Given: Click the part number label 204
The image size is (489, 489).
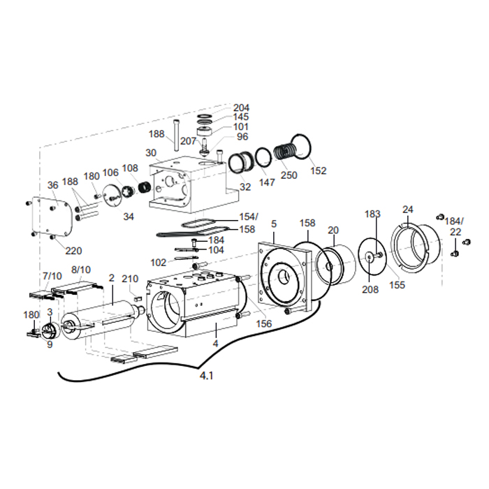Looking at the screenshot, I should [x=241, y=108].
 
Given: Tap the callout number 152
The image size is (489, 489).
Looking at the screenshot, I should [x=318, y=170].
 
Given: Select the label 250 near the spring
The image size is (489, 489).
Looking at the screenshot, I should [x=289, y=175].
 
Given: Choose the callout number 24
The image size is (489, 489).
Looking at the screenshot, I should [x=408, y=209].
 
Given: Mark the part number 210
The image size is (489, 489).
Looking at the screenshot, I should [x=131, y=279].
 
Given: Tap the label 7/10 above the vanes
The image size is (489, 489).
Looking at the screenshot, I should [x=52, y=276].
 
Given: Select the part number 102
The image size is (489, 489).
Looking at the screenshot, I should [x=159, y=263].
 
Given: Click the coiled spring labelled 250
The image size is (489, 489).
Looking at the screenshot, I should [x=284, y=152].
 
